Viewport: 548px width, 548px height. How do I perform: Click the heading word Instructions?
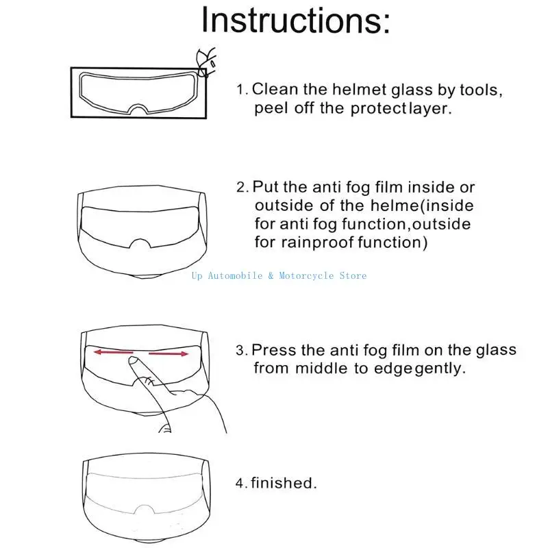click(295, 20)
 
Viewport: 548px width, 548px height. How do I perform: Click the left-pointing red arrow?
click(114, 352)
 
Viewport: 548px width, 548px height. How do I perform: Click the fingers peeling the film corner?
click(204, 60)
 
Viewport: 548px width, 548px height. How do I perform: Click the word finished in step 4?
click(284, 483)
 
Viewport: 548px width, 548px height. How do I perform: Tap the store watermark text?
click(279, 275)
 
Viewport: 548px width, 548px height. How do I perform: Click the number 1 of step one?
click(241, 90)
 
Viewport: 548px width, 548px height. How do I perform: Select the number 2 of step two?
click(241, 188)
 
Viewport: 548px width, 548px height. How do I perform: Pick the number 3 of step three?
click(240, 351)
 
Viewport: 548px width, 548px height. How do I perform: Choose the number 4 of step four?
click(240, 484)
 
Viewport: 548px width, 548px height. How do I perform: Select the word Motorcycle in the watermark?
click(306, 275)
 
